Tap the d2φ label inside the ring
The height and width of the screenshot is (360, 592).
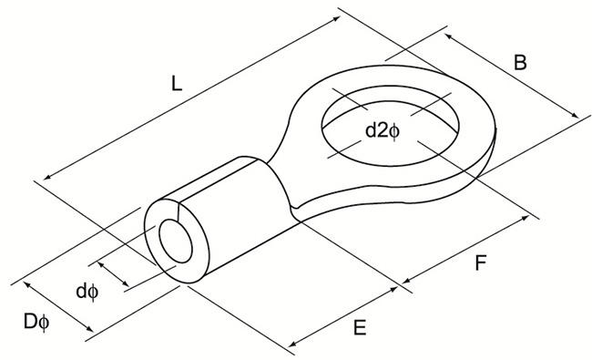pyautogui.click(x=383, y=130)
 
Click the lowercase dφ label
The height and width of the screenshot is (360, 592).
pyautogui.click(x=87, y=292)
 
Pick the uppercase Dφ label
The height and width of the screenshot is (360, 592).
pyautogui.click(x=36, y=322)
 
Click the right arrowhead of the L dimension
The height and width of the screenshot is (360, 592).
pyautogui.click(x=339, y=16)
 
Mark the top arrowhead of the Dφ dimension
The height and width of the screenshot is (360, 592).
pyautogui.click(x=26, y=285)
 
